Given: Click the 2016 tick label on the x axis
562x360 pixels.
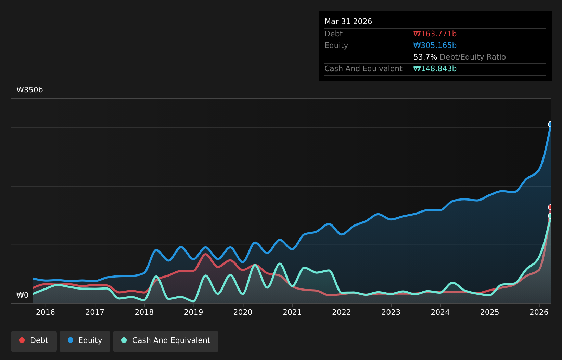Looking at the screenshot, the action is coord(46,312).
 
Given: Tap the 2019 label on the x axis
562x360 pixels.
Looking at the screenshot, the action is coord(193,312).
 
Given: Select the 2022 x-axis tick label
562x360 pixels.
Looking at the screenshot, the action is coord(342,312).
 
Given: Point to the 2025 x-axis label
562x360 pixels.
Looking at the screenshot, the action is coord(489,312).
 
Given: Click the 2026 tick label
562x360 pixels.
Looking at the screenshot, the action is coord(539,312).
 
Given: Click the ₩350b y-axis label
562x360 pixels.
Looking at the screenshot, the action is coord(29,90).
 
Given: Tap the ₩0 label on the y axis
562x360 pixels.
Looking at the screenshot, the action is coord(23,295).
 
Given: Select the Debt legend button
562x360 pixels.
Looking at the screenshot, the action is coord(34,342).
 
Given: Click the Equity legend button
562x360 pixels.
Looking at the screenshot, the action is coord(85,342).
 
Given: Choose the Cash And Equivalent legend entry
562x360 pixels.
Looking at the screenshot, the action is coord(166,342).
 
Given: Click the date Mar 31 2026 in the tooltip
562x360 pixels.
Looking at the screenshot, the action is coord(348,22).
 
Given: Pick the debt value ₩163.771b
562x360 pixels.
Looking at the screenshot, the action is coord(435,34).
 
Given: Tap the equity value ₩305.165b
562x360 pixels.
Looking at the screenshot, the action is coord(435,46).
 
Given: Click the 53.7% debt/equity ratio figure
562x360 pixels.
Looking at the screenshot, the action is coord(425,57).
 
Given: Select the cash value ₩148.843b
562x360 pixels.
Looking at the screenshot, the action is coord(435,68).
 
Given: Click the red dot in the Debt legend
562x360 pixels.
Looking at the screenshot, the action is coord(22,340).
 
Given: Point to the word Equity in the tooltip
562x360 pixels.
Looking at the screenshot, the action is coord(336,46).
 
